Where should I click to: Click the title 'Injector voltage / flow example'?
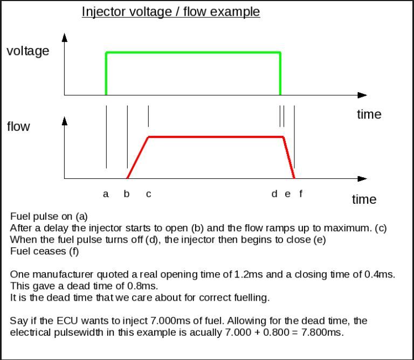(171, 11)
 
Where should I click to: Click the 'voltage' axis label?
(27, 51)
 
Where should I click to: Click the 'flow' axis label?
(18, 127)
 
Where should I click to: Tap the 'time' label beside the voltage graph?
(369, 114)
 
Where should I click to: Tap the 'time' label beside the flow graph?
(364, 199)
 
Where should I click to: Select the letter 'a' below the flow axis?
(106, 194)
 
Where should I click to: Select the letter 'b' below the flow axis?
(127, 193)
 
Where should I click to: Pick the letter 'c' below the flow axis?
(148, 194)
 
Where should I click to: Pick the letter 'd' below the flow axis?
(274, 193)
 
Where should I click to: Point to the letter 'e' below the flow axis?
(287, 194)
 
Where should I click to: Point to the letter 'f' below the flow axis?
(301, 193)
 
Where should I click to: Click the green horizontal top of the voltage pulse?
(193, 52)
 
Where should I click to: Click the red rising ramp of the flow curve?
(137, 157)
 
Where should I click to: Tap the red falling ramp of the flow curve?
(289, 158)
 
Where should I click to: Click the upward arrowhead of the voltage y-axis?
(65, 37)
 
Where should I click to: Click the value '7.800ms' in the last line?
(322, 332)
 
